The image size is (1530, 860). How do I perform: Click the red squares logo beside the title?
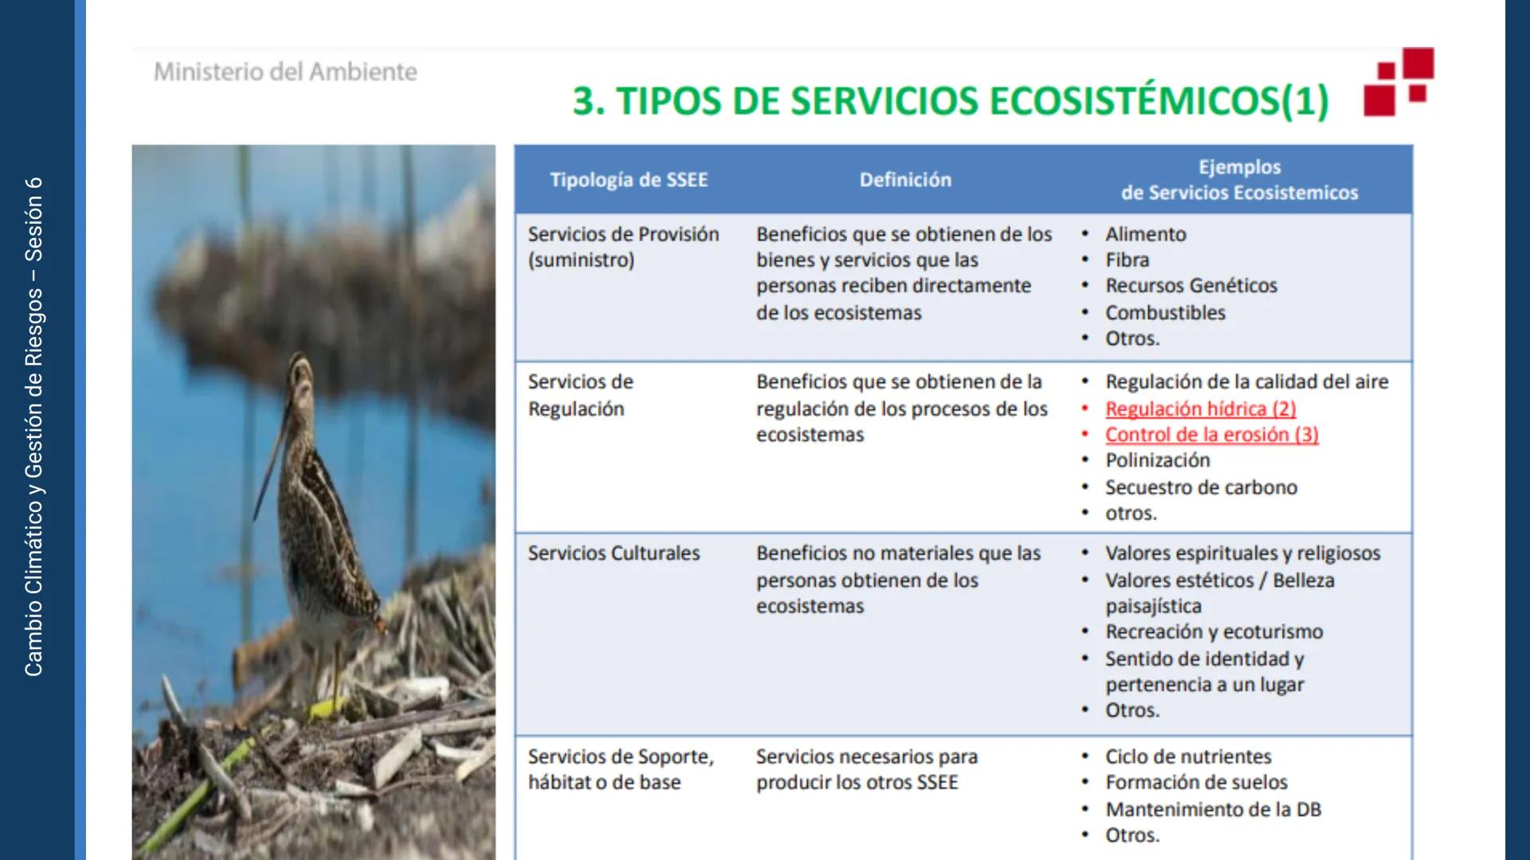click(1399, 82)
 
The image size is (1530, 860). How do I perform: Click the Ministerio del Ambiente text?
click(285, 72)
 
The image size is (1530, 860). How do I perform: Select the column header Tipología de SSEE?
click(629, 180)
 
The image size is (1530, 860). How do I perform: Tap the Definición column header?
click(905, 180)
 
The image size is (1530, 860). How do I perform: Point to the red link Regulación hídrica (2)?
click(1200, 408)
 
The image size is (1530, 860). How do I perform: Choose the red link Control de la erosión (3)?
click(1211, 435)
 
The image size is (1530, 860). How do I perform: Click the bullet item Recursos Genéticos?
click(1191, 286)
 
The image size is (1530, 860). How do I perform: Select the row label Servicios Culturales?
click(614, 553)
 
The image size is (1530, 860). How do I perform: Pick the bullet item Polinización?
click(1157, 460)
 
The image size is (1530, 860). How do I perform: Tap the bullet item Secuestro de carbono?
click(1201, 487)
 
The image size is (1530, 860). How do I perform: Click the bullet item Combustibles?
click(1165, 313)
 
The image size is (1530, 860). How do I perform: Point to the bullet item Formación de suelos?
click(1196, 783)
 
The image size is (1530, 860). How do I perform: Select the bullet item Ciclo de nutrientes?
click(1187, 756)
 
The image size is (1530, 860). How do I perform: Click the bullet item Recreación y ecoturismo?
click(1214, 632)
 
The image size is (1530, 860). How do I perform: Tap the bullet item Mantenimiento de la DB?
click(1213, 810)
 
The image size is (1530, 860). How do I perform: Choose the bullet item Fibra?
click(1127, 260)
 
